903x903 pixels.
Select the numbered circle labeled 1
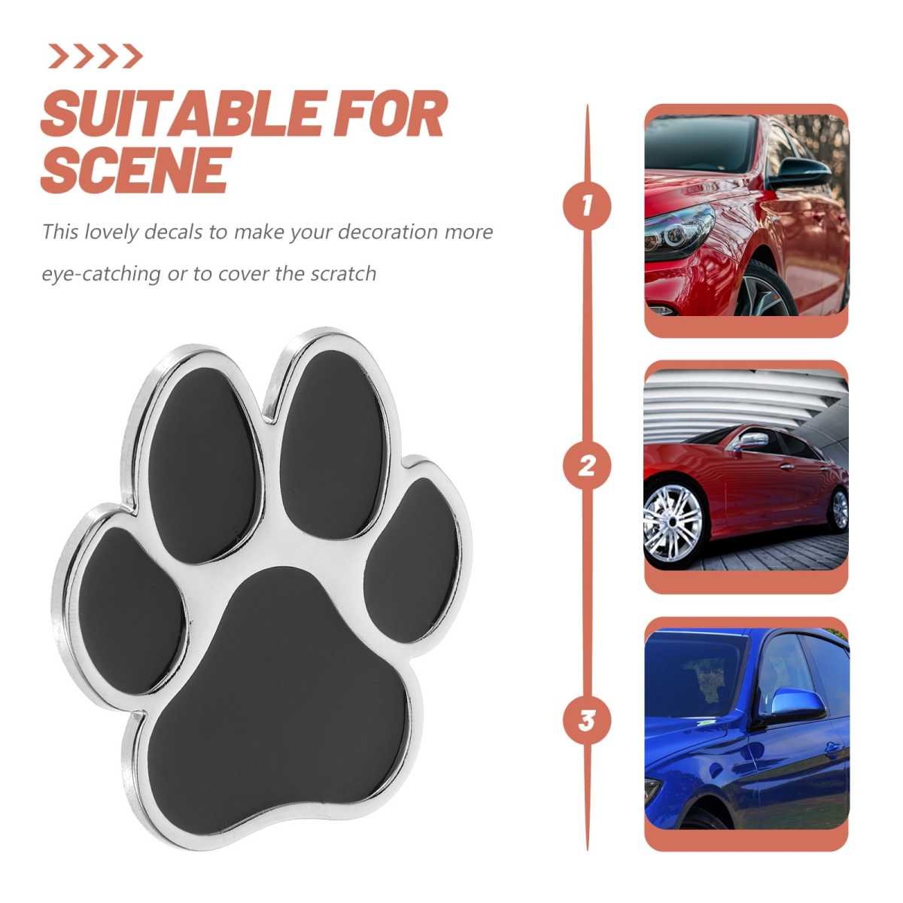click(x=587, y=207)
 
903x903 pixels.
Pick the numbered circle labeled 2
click(x=587, y=466)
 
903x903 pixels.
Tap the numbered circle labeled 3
click(x=587, y=720)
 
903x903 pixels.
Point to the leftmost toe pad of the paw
click(x=131, y=610)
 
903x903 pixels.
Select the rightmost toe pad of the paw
click(x=412, y=560)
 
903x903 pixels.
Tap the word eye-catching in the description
click(x=102, y=274)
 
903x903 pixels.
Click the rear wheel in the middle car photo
click(x=839, y=509)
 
